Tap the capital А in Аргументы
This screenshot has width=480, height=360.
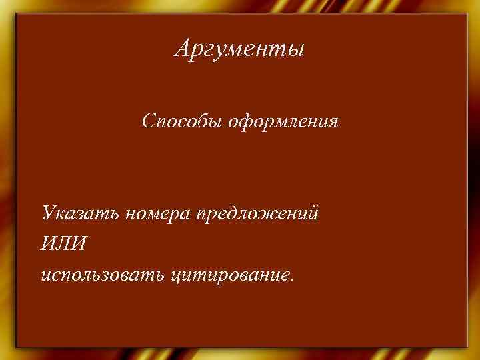pyautogui.click(x=183, y=48)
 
